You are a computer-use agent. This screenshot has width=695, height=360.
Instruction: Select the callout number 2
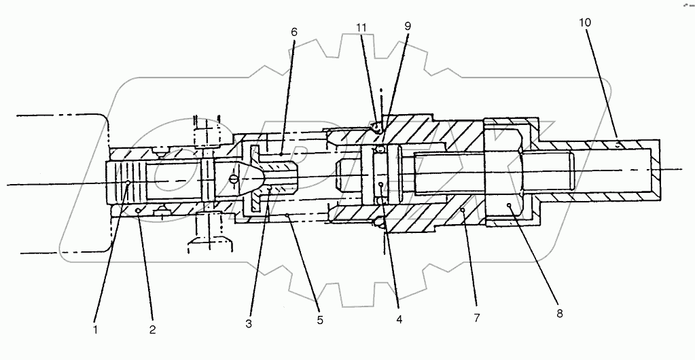click(x=153, y=331)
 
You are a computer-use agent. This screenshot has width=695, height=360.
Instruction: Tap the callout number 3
click(x=249, y=324)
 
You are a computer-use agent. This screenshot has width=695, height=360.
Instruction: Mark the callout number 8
click(x=559, y=313)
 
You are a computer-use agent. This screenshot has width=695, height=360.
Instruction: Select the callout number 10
click(x=585, y=22)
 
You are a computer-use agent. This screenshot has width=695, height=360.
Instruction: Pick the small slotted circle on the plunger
click(x=234, y=179)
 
